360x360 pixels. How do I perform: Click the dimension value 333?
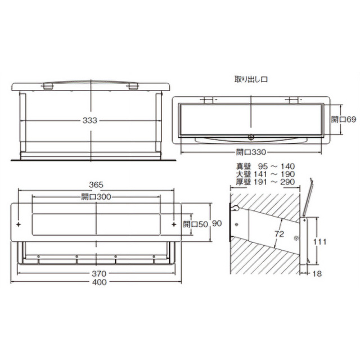[x=90, y=120]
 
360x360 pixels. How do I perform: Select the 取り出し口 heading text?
[x=251, y=79]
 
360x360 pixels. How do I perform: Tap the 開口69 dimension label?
[x=343, y=119]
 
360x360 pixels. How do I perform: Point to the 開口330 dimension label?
[x=251, y=152]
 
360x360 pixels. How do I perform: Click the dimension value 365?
[x=96, y=184]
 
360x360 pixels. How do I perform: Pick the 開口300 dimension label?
[x=96, y=197]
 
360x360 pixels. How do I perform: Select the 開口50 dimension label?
[x=195, y=224]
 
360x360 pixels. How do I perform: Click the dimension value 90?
[x=217, y=223]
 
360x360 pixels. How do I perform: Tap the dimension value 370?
[x=99, y=273]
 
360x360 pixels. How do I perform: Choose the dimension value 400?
[x=100, y=282]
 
